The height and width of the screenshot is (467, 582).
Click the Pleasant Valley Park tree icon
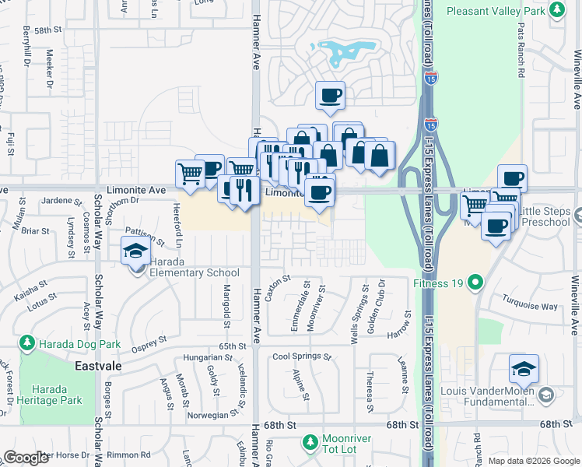pyautogui.click(x=556, y=9)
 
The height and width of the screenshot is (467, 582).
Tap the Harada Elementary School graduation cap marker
pyautogui.click(x=135, y=253)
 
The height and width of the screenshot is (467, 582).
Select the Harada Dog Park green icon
pyautogui.click(x=27, y=342)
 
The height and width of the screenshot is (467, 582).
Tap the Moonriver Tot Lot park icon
pyautogui.click(x=309, y=442)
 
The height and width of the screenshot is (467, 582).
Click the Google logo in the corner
pyautogui.click(x=26, y=458)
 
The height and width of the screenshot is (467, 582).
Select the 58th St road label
pyautogui.click(x=47, y=30)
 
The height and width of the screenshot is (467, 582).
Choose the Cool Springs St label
pyautogui.click(x=301, y=357)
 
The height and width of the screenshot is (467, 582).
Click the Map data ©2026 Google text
pyautogui.click(x=533, y=461)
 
